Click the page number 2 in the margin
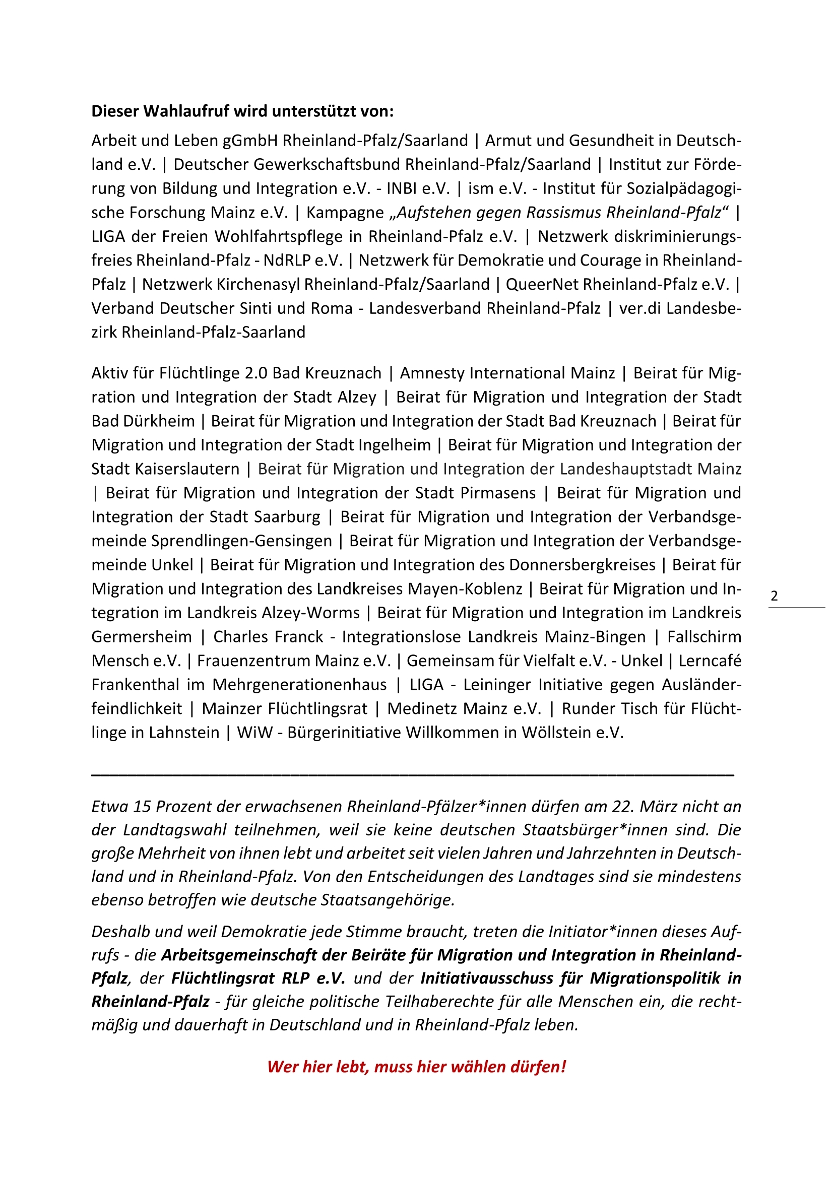coord(774,596)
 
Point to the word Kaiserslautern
coord(165,469)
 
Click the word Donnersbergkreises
coord(582,565)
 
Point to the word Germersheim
coord(141,637)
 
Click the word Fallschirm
coord(704,637)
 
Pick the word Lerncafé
coord(710,661)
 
